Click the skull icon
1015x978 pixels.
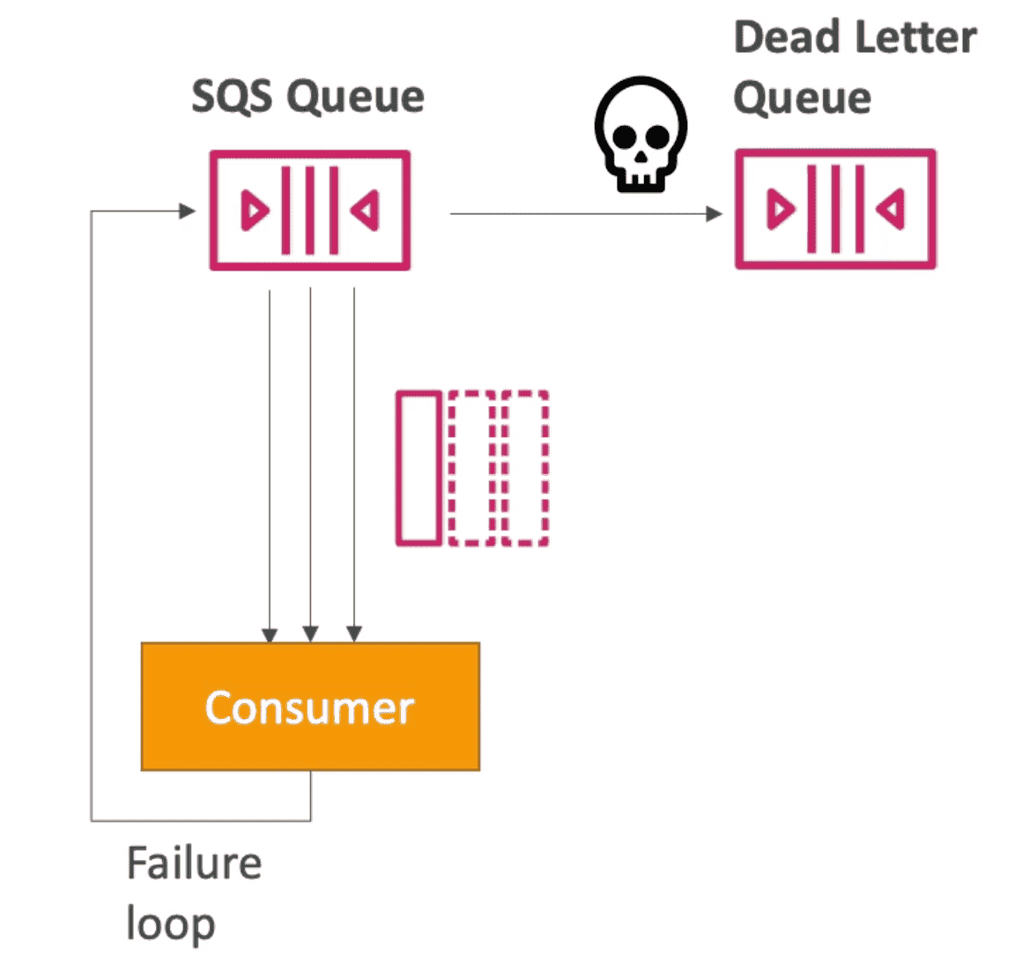point(641,134)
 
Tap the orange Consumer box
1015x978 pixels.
point(310,707)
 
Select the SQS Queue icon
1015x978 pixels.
point(309,211)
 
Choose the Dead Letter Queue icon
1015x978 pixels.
point(835,209)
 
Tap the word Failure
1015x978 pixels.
point(194,863)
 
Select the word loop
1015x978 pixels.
point(170,923)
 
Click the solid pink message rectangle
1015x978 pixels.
point(419,469)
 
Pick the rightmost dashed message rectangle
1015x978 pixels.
point(526,469)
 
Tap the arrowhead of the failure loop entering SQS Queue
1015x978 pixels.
point(187,211)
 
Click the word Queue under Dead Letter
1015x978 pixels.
point(802,97)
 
